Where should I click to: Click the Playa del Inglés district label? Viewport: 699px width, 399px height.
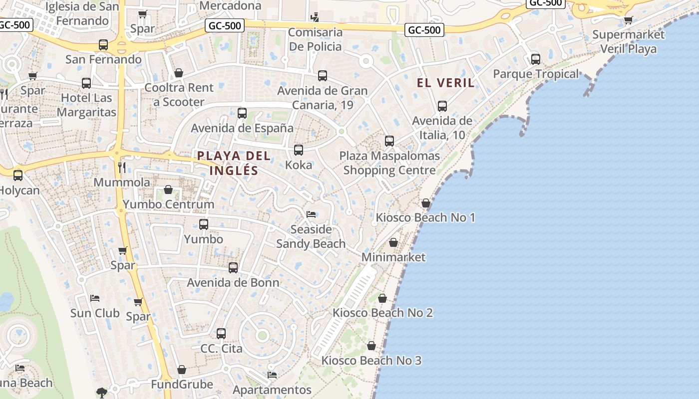(234, 163)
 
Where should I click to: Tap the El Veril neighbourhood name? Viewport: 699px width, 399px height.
(445, 83)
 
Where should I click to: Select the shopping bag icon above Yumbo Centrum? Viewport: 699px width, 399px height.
(168, 190)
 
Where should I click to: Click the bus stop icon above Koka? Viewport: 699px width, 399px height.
(299, 150)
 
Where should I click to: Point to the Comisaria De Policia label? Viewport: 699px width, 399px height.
(316, 40)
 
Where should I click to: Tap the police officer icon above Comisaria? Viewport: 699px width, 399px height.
(314, 17)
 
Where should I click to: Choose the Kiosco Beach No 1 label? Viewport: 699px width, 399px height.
(425, 217)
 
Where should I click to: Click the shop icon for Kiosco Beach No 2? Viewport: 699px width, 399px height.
(382, 298)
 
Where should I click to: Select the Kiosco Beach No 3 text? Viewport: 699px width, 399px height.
(371, 361)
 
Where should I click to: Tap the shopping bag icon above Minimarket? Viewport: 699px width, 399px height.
(393, 242)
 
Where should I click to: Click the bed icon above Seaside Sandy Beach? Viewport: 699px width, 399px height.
(311, 214)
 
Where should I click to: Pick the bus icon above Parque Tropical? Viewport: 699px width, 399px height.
(536, 59)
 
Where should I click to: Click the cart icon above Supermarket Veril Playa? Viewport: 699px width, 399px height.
(628, 20)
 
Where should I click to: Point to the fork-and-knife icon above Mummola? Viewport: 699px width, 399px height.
(122, 167)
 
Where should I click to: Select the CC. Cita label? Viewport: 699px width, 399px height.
(221, 348)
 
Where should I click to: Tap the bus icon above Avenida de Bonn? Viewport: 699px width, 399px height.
(233, 267)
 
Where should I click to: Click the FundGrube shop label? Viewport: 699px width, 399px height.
(182, 385)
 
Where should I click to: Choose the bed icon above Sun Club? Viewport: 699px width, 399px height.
(95, 298)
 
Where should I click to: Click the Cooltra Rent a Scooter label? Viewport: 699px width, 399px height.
(179, 95)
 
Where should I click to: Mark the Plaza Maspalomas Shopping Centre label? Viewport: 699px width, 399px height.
(389, 163)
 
